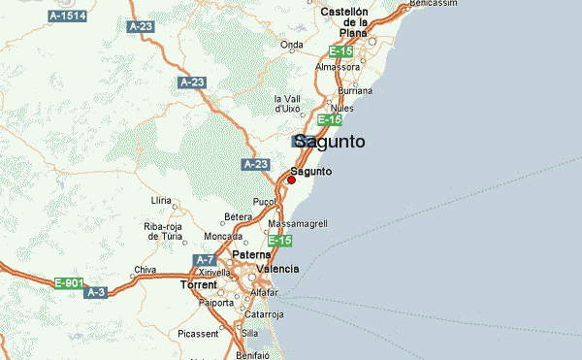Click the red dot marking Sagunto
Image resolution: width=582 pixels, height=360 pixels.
click(291, 180)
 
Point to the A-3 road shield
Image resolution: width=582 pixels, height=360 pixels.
click(95, 292)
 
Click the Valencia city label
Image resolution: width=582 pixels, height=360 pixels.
click(277, 269)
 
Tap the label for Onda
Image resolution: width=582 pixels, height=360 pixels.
click(291, 45)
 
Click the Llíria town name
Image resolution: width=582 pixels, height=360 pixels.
click(161, 200)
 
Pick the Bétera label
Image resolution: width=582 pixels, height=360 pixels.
click(238, 216)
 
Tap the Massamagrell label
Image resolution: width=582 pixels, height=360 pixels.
click(298, 223)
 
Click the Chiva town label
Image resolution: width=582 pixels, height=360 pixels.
click(145, 270)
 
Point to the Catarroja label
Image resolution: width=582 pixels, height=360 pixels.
click(263, 314)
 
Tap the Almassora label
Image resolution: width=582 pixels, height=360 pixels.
click(338, 68)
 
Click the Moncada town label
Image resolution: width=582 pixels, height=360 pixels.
click(224, 237)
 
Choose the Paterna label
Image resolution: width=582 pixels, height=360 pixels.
click(251, 255)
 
